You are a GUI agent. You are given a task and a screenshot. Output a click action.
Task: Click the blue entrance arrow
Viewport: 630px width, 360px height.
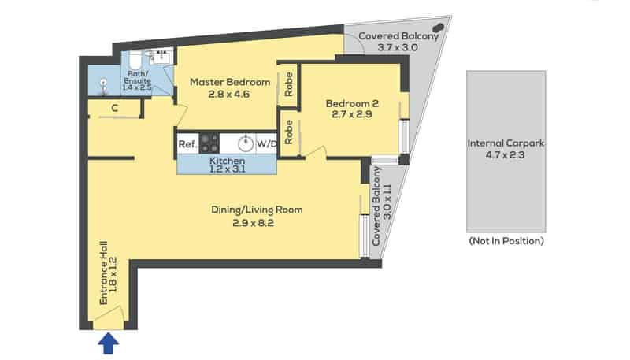coord(109,344)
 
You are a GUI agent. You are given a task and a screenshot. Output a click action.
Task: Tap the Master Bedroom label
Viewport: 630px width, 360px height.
coord(230,82)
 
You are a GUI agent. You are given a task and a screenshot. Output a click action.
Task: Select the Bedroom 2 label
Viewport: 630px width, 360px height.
coord(352,103)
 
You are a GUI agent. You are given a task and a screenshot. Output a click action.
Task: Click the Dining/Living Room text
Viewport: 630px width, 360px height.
coord(257,210)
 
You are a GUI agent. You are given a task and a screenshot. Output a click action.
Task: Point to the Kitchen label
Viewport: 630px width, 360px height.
coord(227,161)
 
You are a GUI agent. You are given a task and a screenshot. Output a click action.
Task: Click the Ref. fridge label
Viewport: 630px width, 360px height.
coord(187,144)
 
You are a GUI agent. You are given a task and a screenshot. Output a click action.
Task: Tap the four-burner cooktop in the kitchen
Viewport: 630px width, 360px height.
coord(209,143)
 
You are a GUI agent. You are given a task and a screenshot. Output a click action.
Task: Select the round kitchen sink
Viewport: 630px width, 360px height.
coord(246,144)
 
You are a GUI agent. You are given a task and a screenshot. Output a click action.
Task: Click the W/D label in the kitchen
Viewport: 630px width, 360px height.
coord(267,144)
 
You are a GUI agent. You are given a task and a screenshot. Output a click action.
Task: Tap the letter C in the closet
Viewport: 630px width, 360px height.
coord(115,108)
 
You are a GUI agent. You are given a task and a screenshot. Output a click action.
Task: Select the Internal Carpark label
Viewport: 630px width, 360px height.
coord(506,143)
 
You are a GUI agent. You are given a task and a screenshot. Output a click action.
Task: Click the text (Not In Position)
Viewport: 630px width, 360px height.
coord(506,241)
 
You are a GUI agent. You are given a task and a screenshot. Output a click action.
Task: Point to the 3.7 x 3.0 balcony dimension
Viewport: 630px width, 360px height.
coord(398,47)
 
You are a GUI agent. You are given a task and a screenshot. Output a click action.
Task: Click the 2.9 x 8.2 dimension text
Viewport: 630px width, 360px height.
coord(253,223)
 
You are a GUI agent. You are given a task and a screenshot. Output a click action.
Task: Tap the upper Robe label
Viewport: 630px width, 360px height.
coord(288,84)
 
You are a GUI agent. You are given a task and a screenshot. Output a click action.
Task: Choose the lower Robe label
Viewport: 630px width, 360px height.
coord(288,132)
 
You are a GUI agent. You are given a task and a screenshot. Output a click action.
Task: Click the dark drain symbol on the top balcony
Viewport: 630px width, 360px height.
coord(439,28)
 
